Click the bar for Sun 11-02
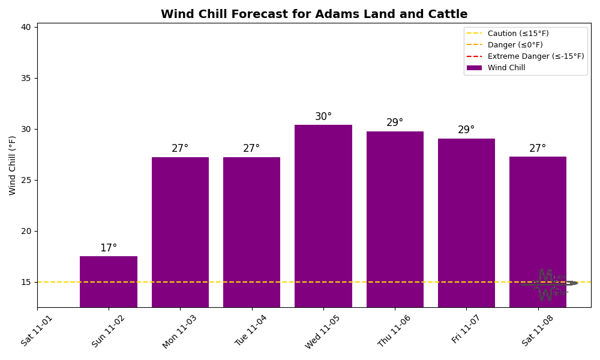(x=109, y=281)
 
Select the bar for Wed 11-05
(x=323, y=216)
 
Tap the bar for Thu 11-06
(x=395, y=219)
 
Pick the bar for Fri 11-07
(x=466, y=223)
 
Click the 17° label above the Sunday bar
(x=109, y=248)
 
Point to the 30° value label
(x=323, y=117)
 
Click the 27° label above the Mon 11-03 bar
(x=180, y=149)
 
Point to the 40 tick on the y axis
(x=26, y=27)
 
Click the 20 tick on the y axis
(x=26, y=231)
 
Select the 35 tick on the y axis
(x=26, y=78)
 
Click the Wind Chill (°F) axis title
(x=13, y=165)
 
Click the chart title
(x=314, y=14)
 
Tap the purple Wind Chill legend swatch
(x=474, y=68)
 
